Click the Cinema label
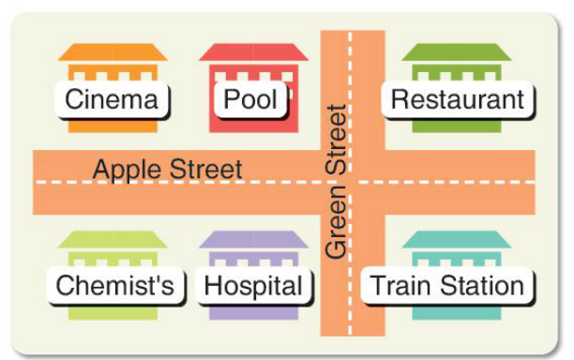pyautogui.click(x=112, y=99)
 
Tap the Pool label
pyautogui.click(x=250, y=99)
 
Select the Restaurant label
pyautogui.click(x=457, y=99)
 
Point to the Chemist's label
pyautogui.click(x=115, y=285)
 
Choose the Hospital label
pyautogui.click(x=253, y=285)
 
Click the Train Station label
pyautogui.click(x=447, y=285)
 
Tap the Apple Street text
pyautogui.click(x=168, y=170)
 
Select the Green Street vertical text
pyautogui.click(x=336, y=182)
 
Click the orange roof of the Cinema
pyautogui.click(x=113, y=52)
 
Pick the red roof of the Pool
pyautogui.click(x=253, y=52)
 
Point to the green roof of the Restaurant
pyautogui.click(x=457, y=52)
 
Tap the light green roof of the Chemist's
pyautogui.click(x=113, y=239)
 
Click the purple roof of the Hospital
pyautogui.click(x=253, y=239)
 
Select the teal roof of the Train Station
pyautogui.click(x=457, y=239)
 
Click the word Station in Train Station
pyautogui.click(x=482, y=285)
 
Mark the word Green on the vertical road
pyautogui.click(x=336, y=222)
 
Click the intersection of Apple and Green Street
pyautogui.click(x=353, y=182)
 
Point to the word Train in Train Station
pyautogui.click(x=402, y=285)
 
